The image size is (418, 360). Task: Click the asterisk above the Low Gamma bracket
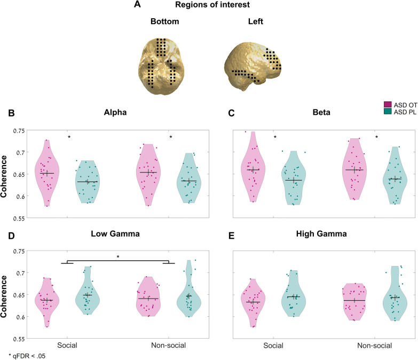(x=119, y=257)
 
